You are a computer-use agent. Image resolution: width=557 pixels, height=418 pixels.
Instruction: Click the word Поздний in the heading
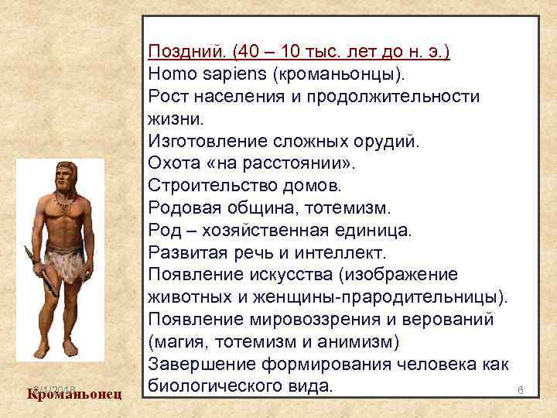[x=186, y=53]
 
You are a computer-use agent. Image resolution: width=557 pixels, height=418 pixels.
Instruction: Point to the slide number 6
[x=521, y=392]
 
